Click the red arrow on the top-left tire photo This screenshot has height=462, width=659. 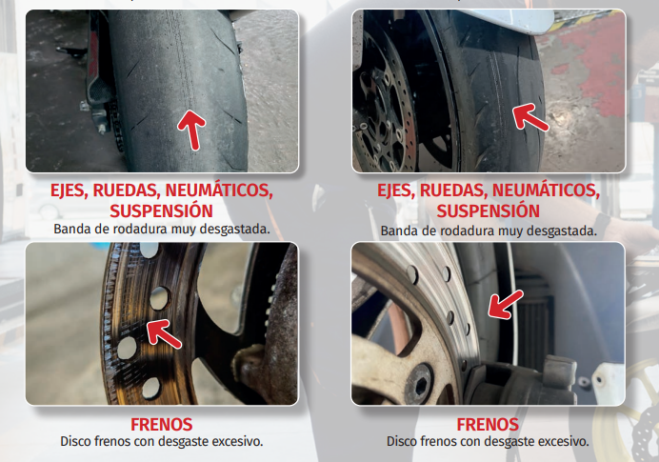pyautogui.click(x=192, y=129)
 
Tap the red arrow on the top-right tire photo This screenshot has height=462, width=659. pyautogui.click(x=529, y=116)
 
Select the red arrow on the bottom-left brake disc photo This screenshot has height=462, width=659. pyautogui.click(x=164, y=333)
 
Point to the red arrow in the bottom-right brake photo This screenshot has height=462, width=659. pyautogui.click(x=506, y=304)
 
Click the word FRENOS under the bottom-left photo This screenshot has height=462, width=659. pyautogui.click(x=161, y=425)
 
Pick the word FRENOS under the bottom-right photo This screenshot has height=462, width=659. pyautogui.click(x=488, y=425)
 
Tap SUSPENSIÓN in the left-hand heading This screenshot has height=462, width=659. pyautogui.click(x=161, y=211)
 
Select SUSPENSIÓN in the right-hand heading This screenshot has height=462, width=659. pyautogui.click(x=488, y=211)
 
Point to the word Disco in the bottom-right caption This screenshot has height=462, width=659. pyautogui.click(x=401, y=441)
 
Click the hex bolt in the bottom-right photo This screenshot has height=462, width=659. pyautogui.click(x=420, y=384)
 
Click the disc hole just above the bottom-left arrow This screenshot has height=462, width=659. pyautogui.click(x=160, y=297)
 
